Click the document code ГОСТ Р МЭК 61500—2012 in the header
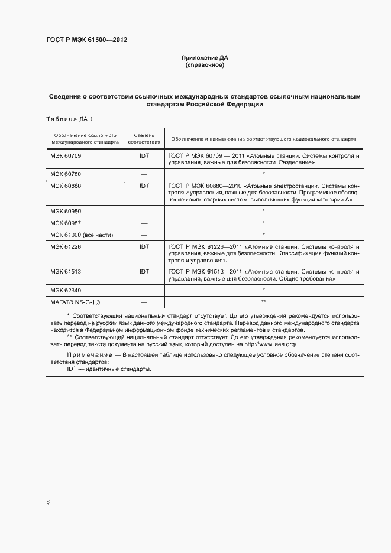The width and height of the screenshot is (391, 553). click(x=87, y=40)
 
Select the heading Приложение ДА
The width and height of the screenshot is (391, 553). click(x=204, y=58)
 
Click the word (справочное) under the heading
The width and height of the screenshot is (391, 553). click(x=204, y=65)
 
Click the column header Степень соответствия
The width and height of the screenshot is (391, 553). click(x=144, y=138)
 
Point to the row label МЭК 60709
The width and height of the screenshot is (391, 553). click(x=66, y=155)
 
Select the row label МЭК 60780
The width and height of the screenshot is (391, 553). click(x=66, y=174)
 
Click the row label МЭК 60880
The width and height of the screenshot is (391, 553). click(x=66, y=186)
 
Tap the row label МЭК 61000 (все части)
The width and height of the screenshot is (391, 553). click(x=81, y=235)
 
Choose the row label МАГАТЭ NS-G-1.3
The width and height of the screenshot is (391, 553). click(x=75, y=302)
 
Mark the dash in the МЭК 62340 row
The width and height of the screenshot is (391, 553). click(x=144, y=290)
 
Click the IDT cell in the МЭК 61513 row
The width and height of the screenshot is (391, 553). click(x=144, y=271)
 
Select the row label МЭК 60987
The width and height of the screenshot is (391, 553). click(x=66, y=223)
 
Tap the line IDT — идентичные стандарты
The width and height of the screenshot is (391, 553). click(x=109, y=369)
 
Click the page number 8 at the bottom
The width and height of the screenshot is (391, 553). click(x=48, y=502)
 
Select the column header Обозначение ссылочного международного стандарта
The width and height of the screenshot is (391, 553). click(x=85, y=138)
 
